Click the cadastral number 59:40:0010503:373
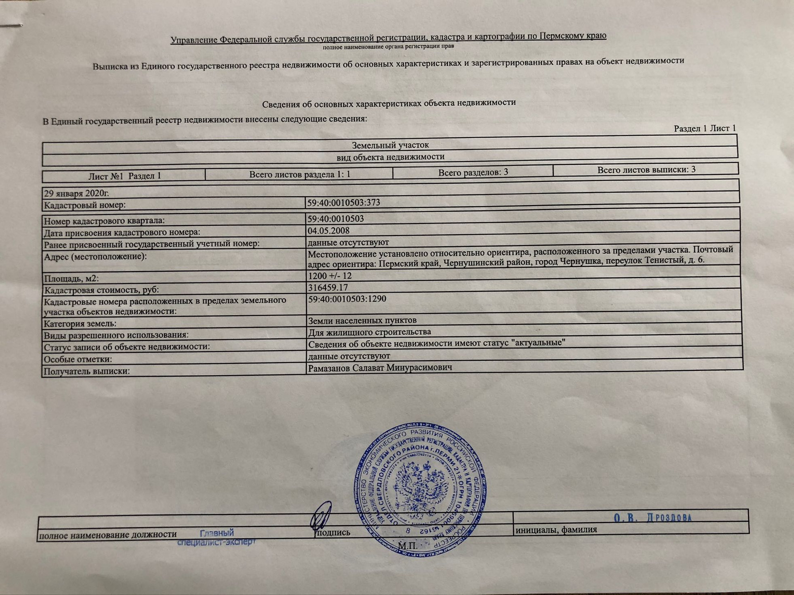(x=343, y=203)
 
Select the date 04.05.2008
(x=328, y=231)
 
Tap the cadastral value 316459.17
(x=328, y=288)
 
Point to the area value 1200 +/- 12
(x=330, y=276)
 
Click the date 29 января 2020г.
(x=77, y=193)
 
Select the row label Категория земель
(x=80, y=324)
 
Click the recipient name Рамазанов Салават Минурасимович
(x=380, y=367)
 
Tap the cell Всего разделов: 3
(x=473, y=172)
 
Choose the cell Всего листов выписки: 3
(x=646, y=169)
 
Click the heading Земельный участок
(x=390, y=145)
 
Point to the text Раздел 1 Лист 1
(x=705, y=129)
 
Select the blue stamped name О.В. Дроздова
(x=653, y=518)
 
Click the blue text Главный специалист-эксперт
(x=217, y=538)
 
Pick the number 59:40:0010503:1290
(x=347, y=299)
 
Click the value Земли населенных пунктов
(x=362, y=320)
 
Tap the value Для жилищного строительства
(x=369, y=332)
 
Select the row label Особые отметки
(x=78, y=359)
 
